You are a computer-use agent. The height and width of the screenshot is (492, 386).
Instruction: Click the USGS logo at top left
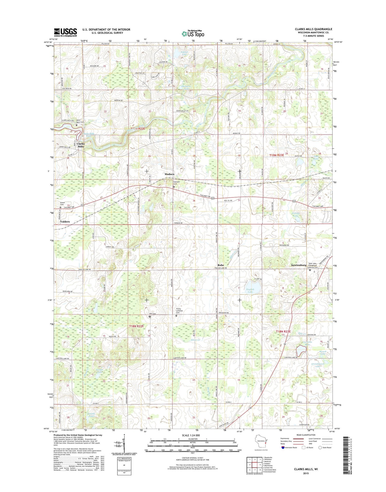(x=65, y=32)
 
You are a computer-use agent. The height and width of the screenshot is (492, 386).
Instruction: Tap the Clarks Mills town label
(x=81, y=145)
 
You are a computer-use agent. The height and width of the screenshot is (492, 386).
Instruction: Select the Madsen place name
(x=169, y=174)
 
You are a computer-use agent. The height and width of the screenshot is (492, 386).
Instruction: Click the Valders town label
(x=65, y=222)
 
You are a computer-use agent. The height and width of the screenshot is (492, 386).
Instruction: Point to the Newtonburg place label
(x=299, y=265)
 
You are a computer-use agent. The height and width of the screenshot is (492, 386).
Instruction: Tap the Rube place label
(x=221, y=265)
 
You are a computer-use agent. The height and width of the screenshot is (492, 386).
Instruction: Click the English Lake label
(x=250, y=291)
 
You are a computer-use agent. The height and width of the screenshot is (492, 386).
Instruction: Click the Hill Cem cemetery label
(x=152, y=314)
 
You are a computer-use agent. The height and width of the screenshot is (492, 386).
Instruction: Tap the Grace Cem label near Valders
(x=62, y=204)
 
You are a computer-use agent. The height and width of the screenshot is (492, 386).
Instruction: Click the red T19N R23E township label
(x=277, y=155)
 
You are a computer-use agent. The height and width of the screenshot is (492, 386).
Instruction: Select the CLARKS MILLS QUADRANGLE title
(x=313, y=29)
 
